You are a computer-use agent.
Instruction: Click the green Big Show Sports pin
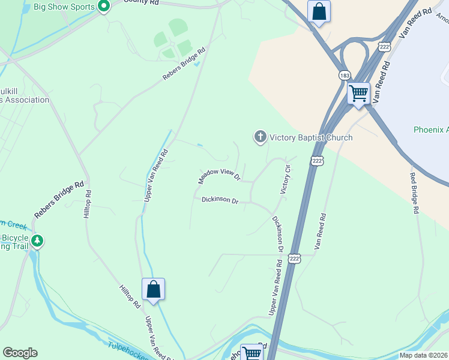tap(103, 7)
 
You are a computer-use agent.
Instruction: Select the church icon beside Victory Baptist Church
tap(261, 137)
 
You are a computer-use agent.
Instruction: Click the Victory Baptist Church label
tap(311, 137)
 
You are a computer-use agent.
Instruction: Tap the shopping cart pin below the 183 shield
tap(358, 94)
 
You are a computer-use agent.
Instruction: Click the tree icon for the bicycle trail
tap(37, 241)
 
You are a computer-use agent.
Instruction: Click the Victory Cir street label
tap(286, 179)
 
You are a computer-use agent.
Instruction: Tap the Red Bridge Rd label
tap(414, 193)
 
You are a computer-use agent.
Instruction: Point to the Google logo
tap(20, 353)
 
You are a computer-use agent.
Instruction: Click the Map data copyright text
tap(423, 355)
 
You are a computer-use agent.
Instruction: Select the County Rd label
tap(142, 2)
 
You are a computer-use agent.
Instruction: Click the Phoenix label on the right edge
tap(431, 130)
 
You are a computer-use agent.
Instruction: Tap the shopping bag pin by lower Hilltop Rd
tap(154, 289)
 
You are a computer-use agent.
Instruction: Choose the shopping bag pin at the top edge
tap(319, 11)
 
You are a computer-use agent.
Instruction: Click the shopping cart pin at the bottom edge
tap(252, 353)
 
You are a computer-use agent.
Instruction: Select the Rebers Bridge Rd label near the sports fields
tap(184, 65)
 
